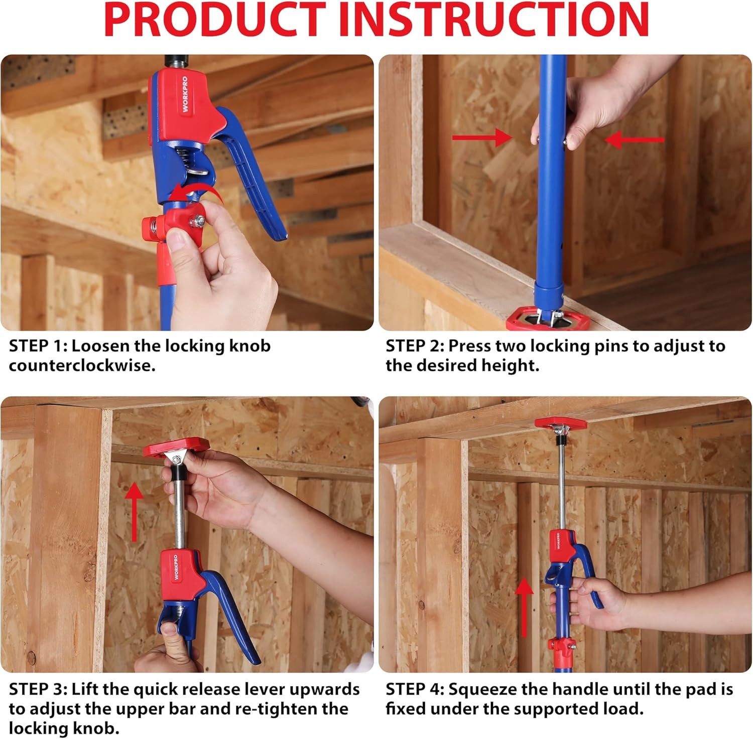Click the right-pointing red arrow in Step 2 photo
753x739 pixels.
482,137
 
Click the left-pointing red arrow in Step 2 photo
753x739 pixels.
635,139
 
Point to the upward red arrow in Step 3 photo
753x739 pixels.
134,512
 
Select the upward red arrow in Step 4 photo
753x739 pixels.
525,607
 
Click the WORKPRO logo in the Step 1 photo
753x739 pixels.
185,94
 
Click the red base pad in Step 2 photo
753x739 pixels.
543,320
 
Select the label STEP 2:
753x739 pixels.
415,346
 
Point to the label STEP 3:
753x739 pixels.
38,689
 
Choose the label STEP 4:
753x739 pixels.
415,689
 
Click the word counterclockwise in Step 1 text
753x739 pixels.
82,366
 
